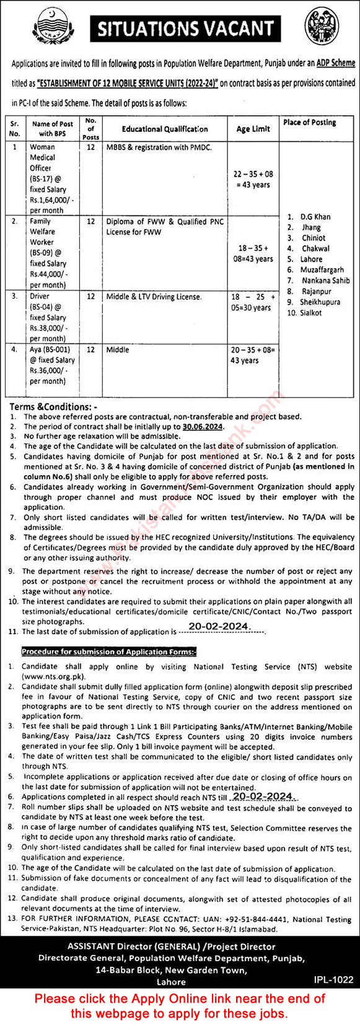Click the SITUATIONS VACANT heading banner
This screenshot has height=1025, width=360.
tap(185, 28)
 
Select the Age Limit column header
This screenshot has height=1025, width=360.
tap(253, 129)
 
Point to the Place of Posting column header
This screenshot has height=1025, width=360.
tap(309, 123)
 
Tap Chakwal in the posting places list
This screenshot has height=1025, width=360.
tap(315, 248)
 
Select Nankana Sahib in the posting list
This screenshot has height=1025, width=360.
tap(326, 281)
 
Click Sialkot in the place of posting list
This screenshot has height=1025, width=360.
tap(312, 313)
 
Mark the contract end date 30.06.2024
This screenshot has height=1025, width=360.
tap(203, 427)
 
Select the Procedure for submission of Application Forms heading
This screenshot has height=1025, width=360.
tap(109, 652)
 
